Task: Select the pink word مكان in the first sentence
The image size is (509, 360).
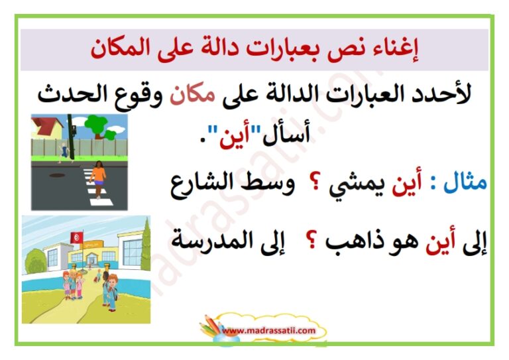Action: pos(192,94)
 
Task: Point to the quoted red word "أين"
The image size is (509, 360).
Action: pos(230,137)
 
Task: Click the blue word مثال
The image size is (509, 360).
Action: pos(465,183)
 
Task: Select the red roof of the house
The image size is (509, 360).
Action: pos(46,125)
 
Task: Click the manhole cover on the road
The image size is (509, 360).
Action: pos(57,175)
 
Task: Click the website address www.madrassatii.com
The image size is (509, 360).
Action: pos(268,330)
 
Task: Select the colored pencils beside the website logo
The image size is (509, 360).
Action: pos(211,326)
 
